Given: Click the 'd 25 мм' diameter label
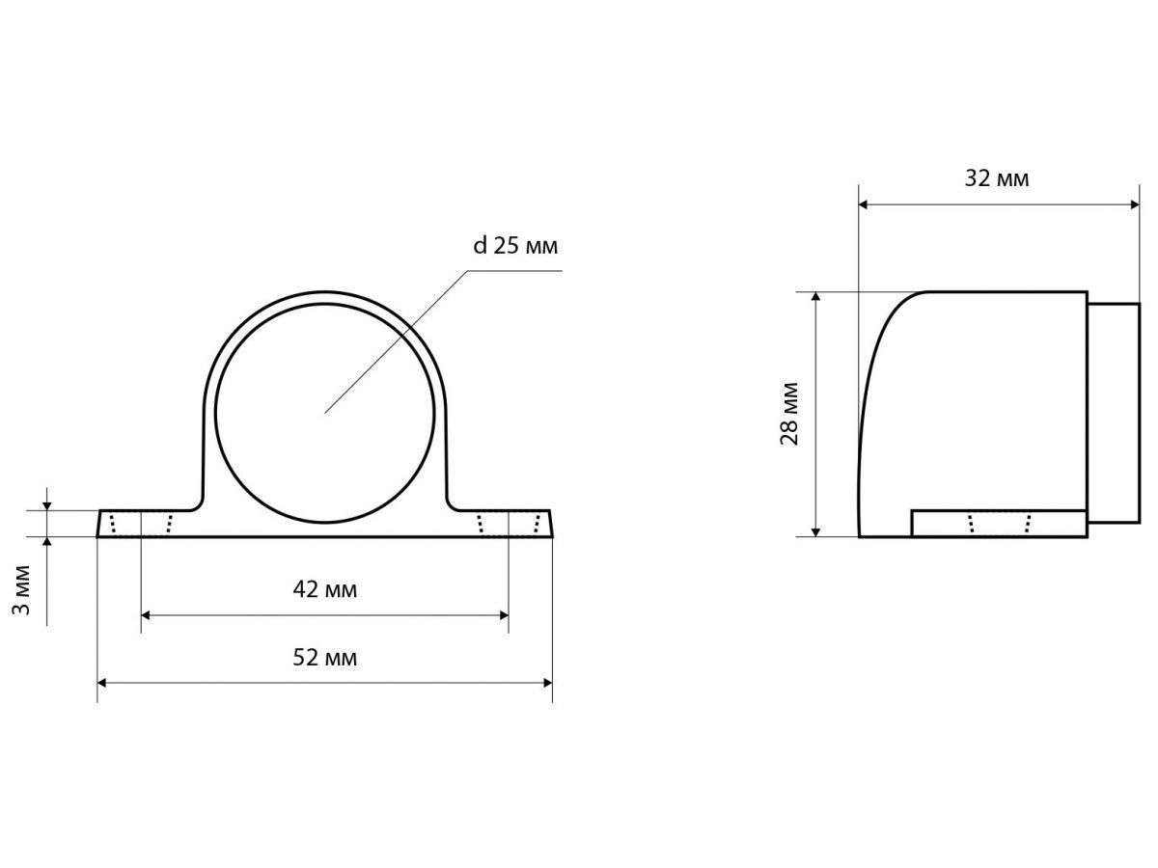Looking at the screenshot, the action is point(515,246).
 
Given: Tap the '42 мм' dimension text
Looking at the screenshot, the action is point(325,589).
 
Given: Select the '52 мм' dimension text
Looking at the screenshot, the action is point(325,658).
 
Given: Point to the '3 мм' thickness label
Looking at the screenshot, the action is point(21,589).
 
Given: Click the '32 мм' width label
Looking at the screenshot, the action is point(997,178).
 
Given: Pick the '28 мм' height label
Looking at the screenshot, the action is point(789,415).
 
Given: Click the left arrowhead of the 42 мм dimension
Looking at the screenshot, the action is point(146,615).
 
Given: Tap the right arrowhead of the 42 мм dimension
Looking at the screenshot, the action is point(504,615).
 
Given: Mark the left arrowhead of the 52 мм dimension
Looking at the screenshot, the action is point(102,683).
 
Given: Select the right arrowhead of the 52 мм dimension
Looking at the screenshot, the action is point(548,683).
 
